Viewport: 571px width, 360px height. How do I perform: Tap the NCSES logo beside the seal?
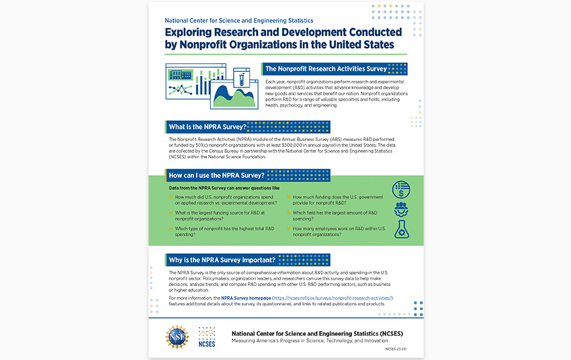[206, 336]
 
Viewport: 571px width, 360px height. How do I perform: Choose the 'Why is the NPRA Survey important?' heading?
[222, 259]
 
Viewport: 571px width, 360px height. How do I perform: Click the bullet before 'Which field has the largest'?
[288, 213]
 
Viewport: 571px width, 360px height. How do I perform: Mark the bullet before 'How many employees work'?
[288, 228]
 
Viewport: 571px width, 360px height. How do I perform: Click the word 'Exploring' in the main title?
[192, 32]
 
